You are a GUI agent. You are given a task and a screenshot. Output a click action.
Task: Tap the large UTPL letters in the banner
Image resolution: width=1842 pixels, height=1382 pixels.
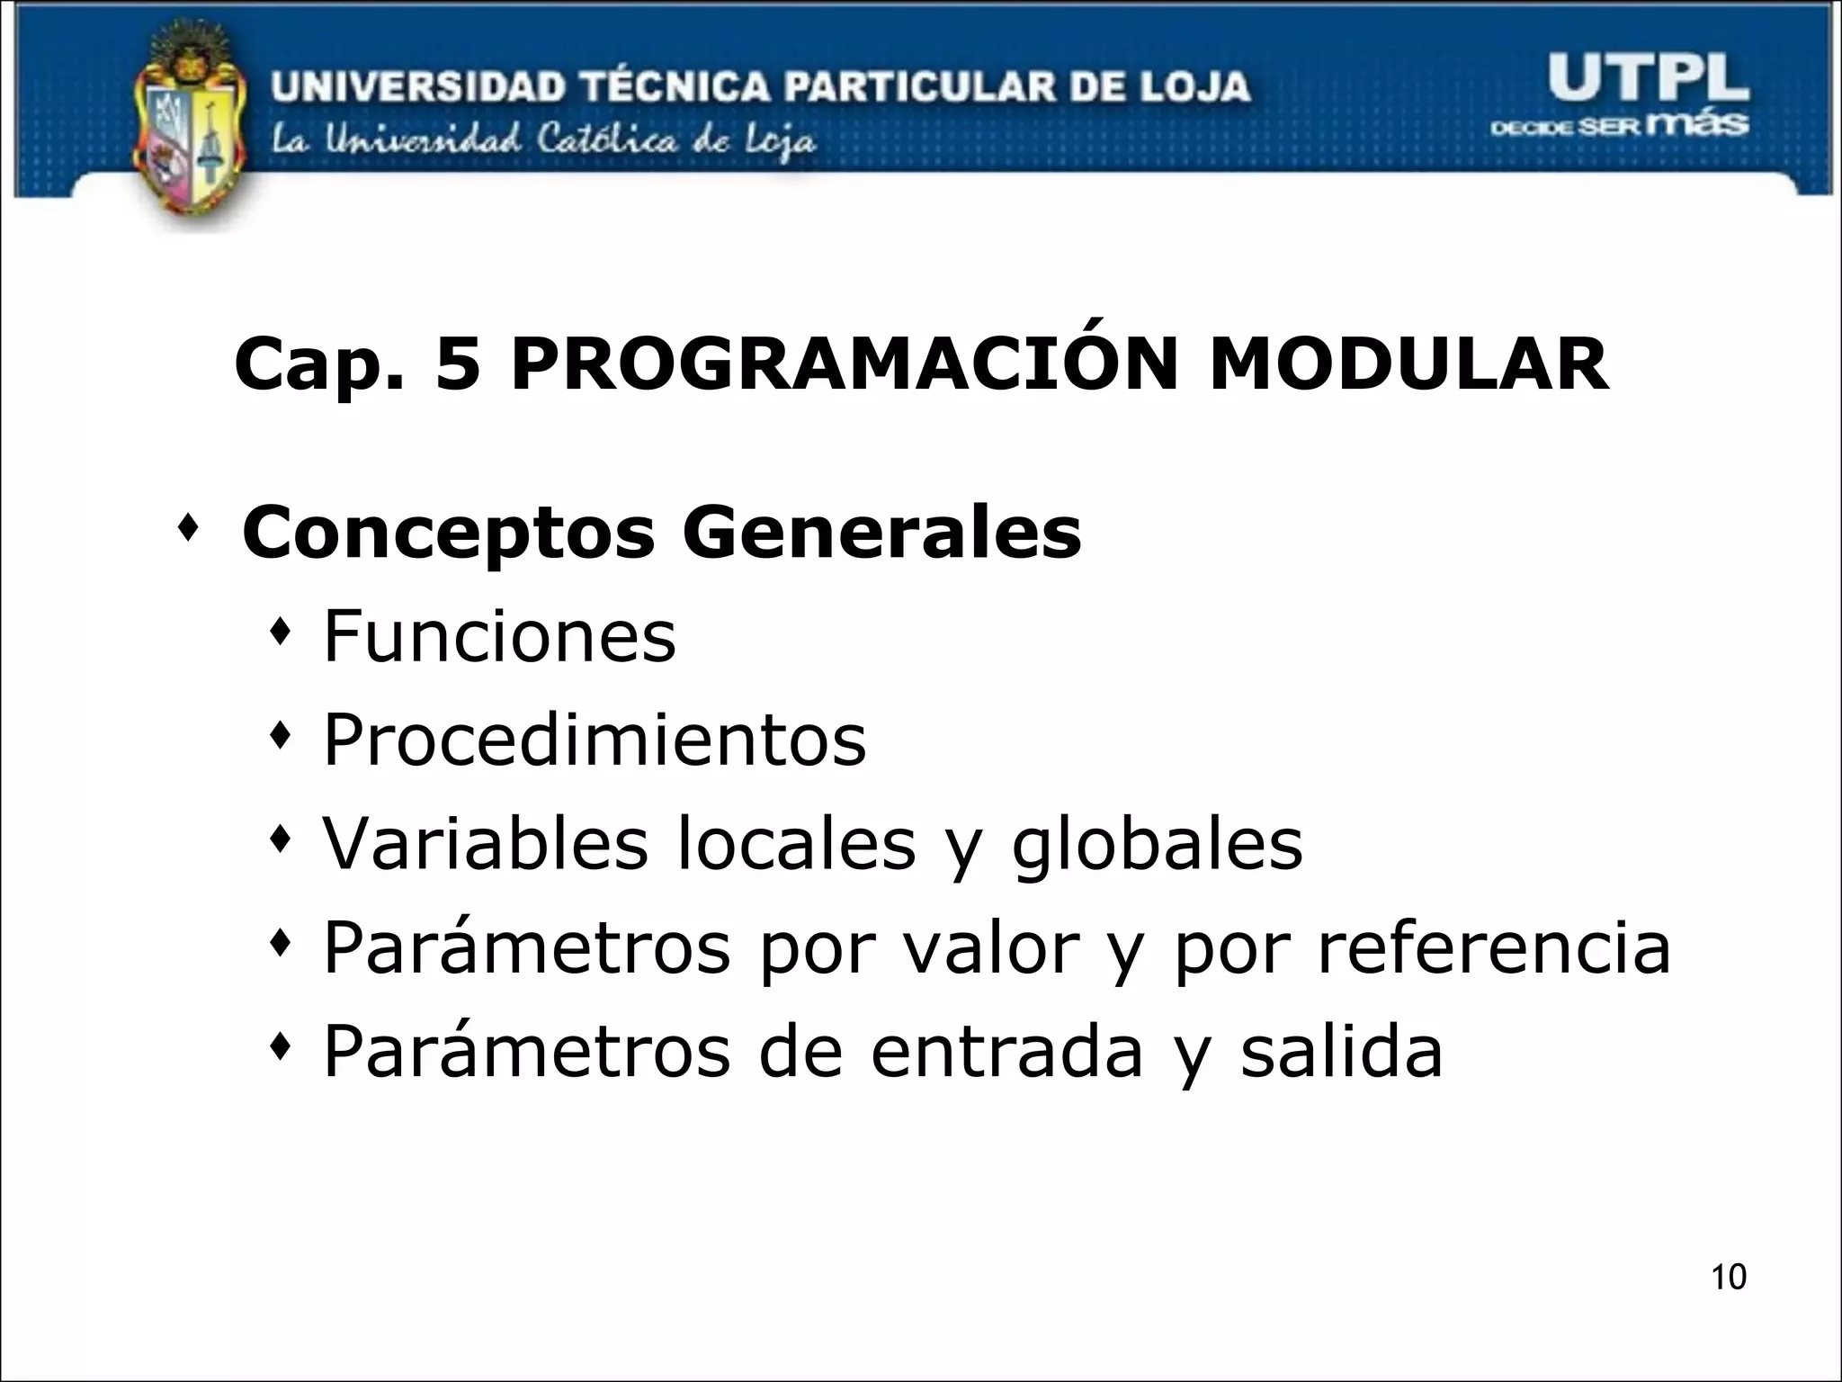click(1648, 81)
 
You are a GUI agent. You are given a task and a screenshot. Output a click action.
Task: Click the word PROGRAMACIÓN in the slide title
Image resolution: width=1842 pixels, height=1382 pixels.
click(844, 364)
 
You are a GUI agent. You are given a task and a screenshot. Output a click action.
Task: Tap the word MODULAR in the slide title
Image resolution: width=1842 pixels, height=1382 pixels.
click(1408, 364)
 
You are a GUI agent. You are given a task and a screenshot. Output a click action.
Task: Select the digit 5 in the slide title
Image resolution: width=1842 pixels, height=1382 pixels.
click(458, 365)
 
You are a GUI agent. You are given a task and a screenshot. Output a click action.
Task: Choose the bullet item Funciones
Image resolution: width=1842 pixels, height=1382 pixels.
click(499, 636)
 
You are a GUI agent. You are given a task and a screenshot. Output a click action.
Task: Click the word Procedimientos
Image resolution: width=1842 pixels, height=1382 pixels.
click(595, 740)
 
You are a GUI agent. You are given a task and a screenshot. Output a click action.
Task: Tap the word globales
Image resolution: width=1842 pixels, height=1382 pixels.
click(1157, 845)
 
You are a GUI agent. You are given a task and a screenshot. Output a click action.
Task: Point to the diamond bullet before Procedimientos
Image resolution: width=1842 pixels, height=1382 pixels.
click(282, 739)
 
